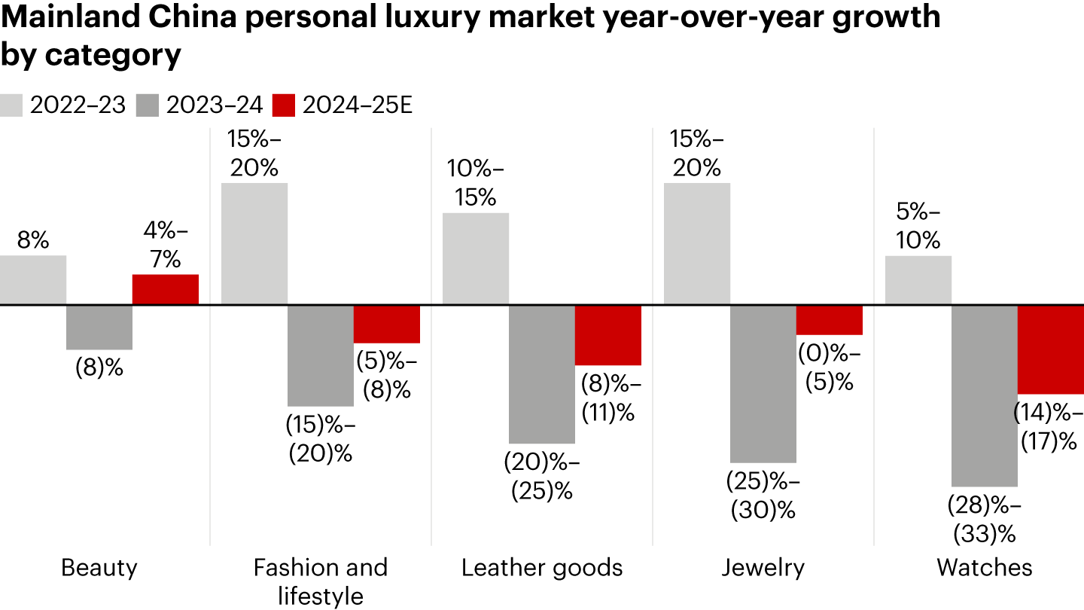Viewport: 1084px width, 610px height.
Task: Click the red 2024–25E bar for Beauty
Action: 166,290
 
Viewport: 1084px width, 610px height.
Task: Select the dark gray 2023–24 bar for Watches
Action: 985,395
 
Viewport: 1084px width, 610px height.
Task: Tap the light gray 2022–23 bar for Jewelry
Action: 697,243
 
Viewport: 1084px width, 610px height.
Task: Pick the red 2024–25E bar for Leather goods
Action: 608,335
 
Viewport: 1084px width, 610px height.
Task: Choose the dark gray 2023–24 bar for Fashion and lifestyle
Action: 321,355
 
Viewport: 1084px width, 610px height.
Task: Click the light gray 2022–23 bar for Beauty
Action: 33,280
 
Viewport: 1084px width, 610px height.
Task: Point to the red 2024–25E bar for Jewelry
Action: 830,320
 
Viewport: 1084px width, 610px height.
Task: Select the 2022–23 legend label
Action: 78,105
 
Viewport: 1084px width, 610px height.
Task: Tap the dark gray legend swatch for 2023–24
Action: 148,105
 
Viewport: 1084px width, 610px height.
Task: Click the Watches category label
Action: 985,567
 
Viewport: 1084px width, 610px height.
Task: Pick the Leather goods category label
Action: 542,567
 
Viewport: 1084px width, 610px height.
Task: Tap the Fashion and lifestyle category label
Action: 321,580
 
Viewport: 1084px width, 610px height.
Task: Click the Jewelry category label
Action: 763,567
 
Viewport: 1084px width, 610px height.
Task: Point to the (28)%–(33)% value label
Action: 985,519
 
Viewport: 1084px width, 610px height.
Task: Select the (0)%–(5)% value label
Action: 830,368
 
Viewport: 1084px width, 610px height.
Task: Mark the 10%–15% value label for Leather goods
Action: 476,183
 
